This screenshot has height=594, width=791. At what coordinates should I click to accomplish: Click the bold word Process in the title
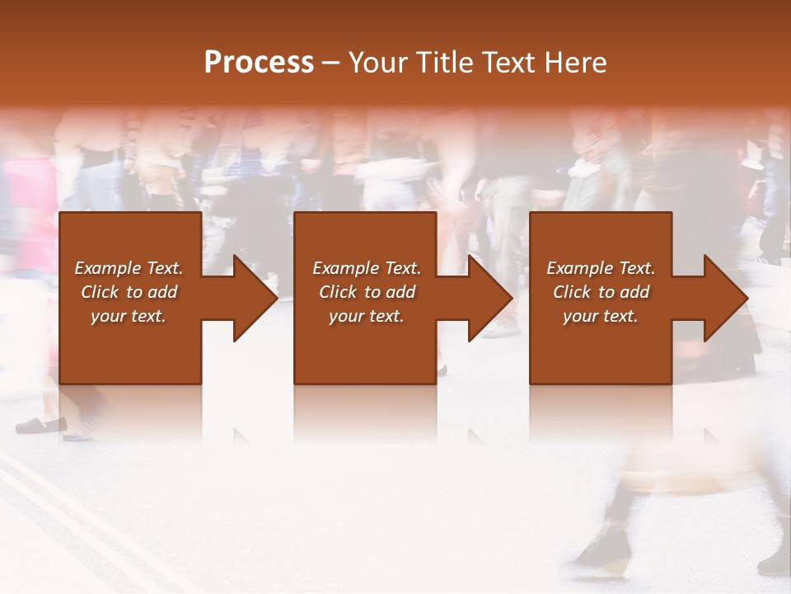(259, 62)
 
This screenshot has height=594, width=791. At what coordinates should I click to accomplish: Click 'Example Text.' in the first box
(129, 268)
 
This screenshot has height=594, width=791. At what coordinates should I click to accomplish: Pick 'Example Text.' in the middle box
(367, 268)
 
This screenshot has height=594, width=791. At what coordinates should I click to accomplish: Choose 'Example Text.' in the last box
(601, 268)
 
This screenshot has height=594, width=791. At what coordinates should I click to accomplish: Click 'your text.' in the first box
(129, 316)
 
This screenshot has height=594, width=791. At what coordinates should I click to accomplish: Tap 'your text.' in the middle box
(367, 316)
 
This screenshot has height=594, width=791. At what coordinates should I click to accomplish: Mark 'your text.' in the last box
(601, 316)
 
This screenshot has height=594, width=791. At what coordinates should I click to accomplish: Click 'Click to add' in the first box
(129, 292)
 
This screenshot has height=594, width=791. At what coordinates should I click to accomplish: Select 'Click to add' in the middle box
(367, 292)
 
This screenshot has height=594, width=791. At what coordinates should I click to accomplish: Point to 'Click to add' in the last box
(601, 292)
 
